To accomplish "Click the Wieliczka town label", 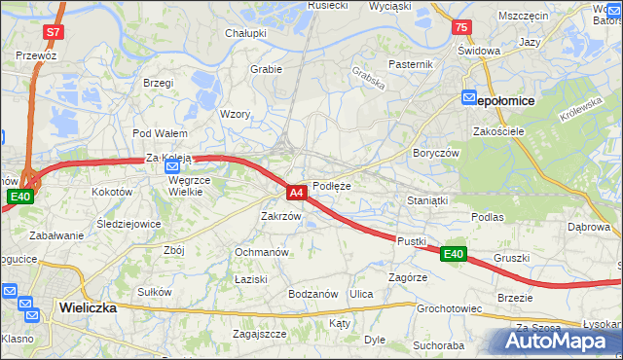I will pos(88,306).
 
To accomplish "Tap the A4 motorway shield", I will pos(298,194).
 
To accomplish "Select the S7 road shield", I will pos(53,32).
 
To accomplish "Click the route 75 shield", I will pos(461,28).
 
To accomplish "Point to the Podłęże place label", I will pos(332,186).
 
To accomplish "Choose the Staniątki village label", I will pos(425,199).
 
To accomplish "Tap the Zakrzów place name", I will pos(280,216).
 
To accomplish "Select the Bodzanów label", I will pos(312,294).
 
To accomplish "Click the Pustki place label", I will pos(411,239).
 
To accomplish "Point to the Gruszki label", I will pos(511,258).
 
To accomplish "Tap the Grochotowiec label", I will pos(450,309).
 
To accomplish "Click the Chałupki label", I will pos(246,33).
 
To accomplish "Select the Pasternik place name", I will pos(410,64).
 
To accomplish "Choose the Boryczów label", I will pos(435,153).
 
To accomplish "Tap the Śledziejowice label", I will pos(129,223).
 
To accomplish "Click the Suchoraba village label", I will pos(438,344).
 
